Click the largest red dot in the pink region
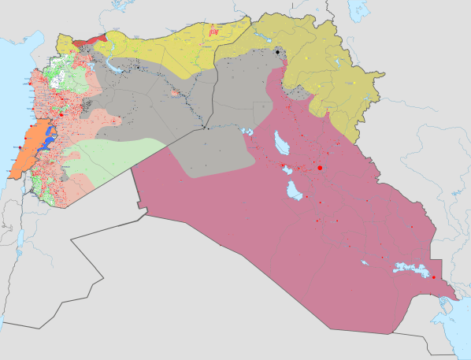tap(321, 168)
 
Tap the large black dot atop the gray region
tap(277, 52)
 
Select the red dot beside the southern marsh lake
tap(434, 277)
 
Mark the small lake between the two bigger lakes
tap(285, 168)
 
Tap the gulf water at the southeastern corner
tap(453, 323)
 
